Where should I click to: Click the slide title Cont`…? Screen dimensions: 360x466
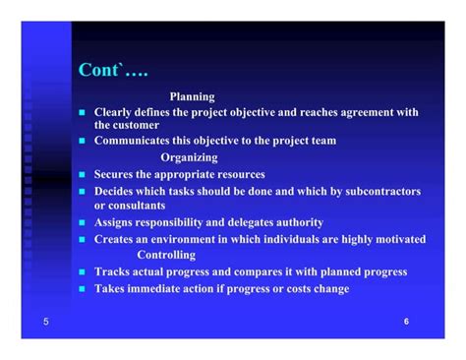tap(113, 71)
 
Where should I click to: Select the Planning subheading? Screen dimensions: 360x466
tap(192, 96)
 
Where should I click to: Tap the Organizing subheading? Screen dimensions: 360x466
tap(189, 157)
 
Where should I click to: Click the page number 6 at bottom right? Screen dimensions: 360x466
tap(407, 322)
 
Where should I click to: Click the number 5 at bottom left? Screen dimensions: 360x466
tap(45, 322)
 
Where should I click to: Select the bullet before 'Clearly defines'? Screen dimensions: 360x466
tap(83, 113)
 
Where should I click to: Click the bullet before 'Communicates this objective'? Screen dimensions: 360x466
tap(83, 141)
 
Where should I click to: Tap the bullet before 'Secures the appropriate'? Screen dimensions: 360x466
tap(83, 175)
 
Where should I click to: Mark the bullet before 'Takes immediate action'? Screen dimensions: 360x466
tap(83, 289)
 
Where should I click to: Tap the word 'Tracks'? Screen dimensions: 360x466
tap(114, 271)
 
